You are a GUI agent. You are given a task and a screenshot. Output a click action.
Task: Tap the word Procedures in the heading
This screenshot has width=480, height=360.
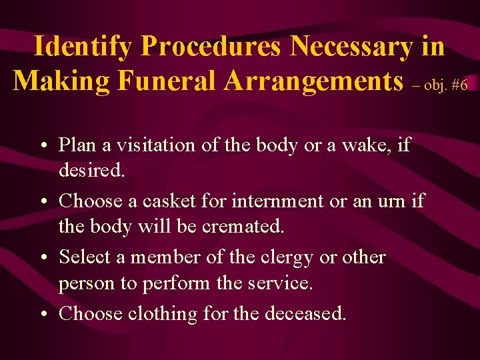click(x=213, y=47)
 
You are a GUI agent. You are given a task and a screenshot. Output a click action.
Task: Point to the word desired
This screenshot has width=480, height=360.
click(x=91, y=171)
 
